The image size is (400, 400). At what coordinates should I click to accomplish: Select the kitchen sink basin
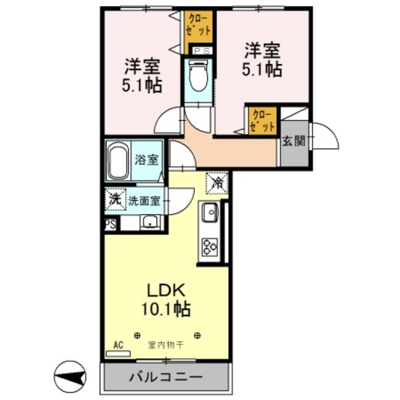pyautogui.click(x=209, y=212)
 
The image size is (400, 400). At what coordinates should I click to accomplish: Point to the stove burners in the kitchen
pyautogui.click(x=209, y=246)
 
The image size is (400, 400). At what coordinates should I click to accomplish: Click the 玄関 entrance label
pyautogui.click(x=293, y=141)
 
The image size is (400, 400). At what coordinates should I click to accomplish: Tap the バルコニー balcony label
pyautogui.click(x=166, y=378)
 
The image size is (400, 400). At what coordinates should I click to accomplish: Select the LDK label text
pyautogui.click(x=166, y=291)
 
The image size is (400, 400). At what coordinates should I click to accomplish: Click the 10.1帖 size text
pyautogui.click(x=166, y=308)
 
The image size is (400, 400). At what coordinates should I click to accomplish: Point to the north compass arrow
pyautogui.click(x=72, y=377)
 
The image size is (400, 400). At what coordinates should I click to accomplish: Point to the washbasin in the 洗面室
pyautogui.click(x=149, y=222)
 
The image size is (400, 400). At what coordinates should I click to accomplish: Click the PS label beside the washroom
pyautogui.click(x=110, y=224)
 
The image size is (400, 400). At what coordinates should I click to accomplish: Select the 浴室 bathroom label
pyautogui.click(x=147, y=159)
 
